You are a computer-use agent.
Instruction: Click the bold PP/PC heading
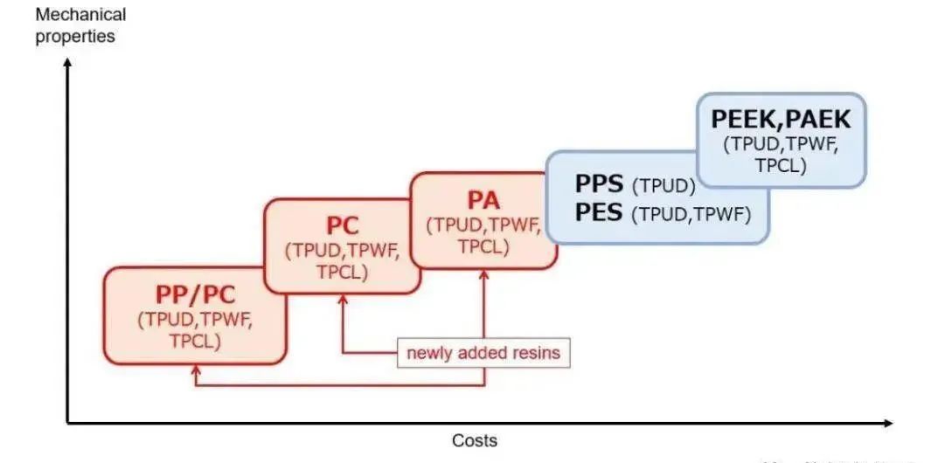(x=195, y=294)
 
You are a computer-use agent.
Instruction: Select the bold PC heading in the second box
(x=342, y=225)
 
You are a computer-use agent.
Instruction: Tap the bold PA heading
(x=483, y=199)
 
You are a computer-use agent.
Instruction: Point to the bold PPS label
(x=599, y=184)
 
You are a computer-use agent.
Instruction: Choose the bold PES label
(x=599, y=212)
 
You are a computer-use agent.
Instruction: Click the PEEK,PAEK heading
(x=780, y=120)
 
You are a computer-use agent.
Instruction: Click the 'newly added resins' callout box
(x=483, y=353)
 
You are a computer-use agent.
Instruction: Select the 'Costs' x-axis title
(x=474, y=440)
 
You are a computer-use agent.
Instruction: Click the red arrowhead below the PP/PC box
(x=196, y=371)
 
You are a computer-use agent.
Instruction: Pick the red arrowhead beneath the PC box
(x=342, y=301)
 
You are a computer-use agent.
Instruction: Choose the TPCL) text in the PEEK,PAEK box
(x=780, y=165)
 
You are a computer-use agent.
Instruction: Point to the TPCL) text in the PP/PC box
(x=195, y=341)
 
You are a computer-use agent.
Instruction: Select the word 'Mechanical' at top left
(x=80, y=15)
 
